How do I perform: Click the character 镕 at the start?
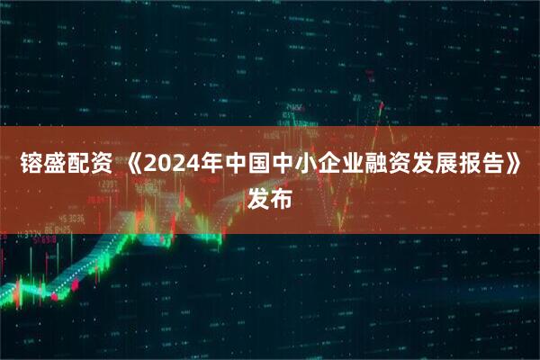pos(31,166)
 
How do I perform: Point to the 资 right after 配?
pos(100,166)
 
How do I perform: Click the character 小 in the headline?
pos(298,166)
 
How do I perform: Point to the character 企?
pos(321,166)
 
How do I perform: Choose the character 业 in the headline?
pos(345,166)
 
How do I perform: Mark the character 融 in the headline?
pos(368,166)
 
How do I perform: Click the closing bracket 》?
pos(513,166)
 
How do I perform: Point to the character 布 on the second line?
pos(282,199)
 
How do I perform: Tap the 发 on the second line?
pos(258,199)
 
